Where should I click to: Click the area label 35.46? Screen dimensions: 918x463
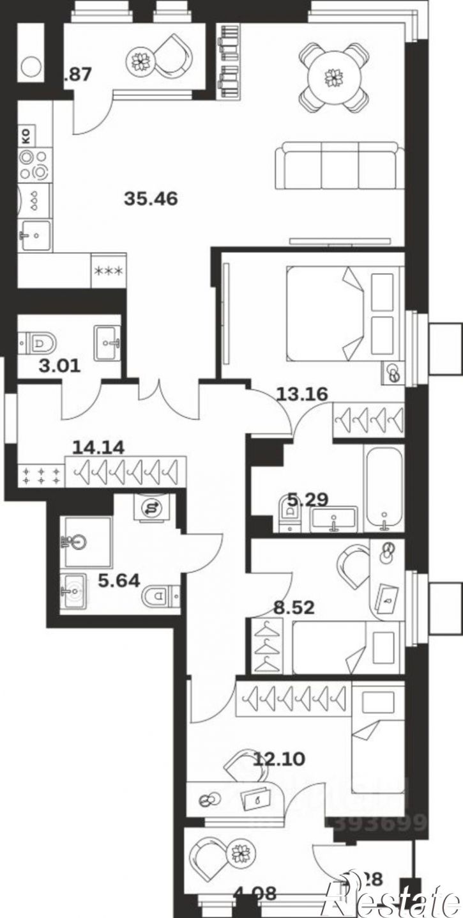coord(151,199)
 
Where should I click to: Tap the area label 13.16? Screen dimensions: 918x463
coord(302,394)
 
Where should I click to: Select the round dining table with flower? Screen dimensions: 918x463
coord(333,77)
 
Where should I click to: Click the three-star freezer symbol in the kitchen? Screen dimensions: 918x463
coord(109,271)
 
